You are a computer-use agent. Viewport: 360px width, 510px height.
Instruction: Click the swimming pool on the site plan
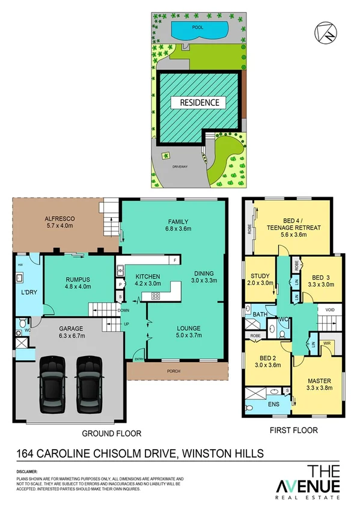[x=200, y=29]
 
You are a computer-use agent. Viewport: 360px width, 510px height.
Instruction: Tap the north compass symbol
[x=323, y=30]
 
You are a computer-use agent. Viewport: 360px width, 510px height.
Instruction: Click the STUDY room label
[x=260, y=276]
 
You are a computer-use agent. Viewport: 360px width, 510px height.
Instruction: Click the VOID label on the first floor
[x=330, y=310]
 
